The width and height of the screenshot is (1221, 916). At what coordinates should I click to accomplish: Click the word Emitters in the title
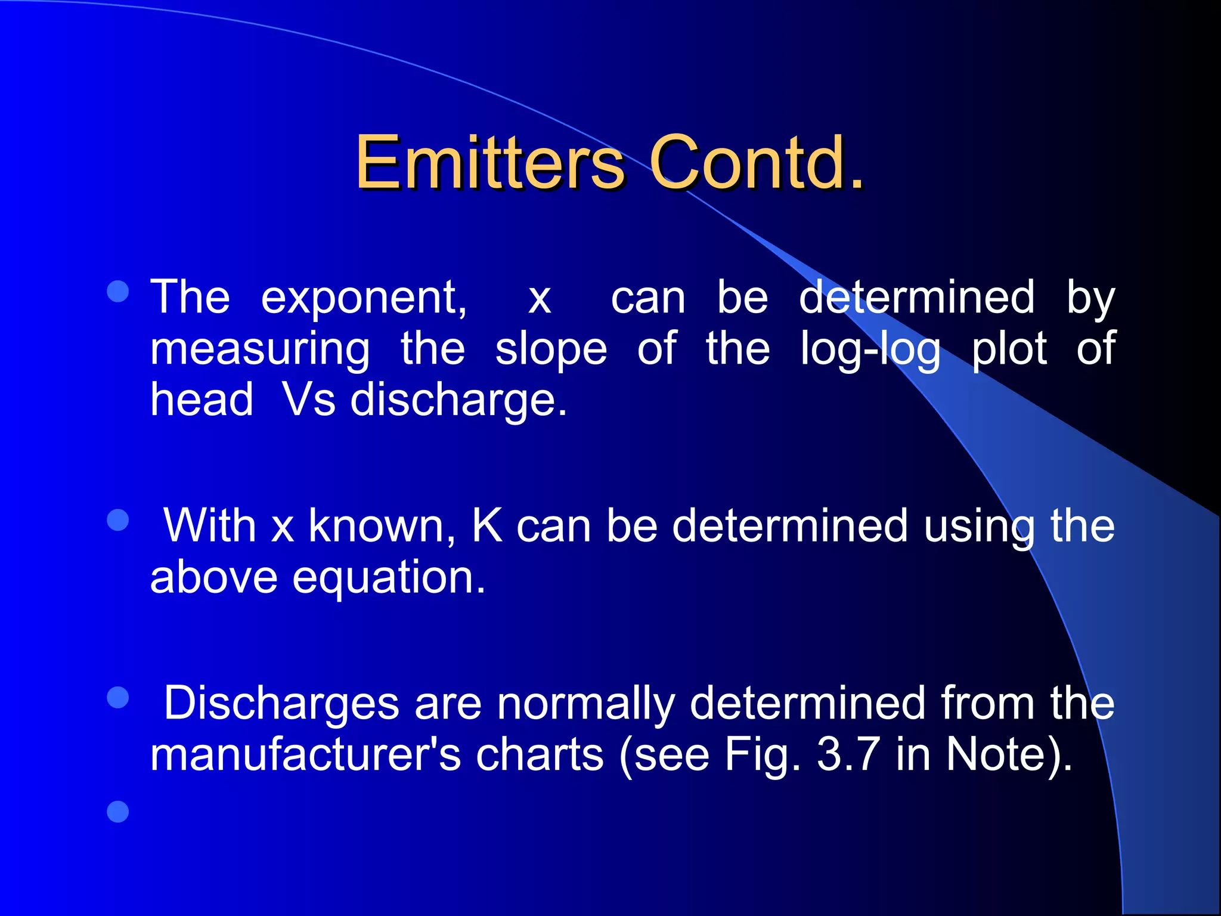489,162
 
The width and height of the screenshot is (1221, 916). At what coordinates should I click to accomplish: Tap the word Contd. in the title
756,162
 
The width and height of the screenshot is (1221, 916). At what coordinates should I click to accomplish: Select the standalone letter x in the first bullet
540,298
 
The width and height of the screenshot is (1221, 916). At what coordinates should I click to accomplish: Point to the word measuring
259,351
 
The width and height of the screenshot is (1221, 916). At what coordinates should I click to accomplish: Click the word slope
551,351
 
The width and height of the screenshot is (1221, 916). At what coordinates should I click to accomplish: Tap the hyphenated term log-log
870,351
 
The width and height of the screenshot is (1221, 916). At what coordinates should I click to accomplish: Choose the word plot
1009,349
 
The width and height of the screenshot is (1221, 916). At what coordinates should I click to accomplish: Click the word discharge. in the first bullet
458,401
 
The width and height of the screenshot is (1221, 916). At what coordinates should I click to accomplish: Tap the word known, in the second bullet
382,526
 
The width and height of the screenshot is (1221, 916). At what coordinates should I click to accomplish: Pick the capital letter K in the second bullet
487,526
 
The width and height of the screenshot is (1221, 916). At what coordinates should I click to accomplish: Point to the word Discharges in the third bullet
281,704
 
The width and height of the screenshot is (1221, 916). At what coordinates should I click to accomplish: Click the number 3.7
848,755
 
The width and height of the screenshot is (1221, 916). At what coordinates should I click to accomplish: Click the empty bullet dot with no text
118,812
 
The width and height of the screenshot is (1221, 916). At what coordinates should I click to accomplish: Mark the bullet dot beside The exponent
118,292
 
